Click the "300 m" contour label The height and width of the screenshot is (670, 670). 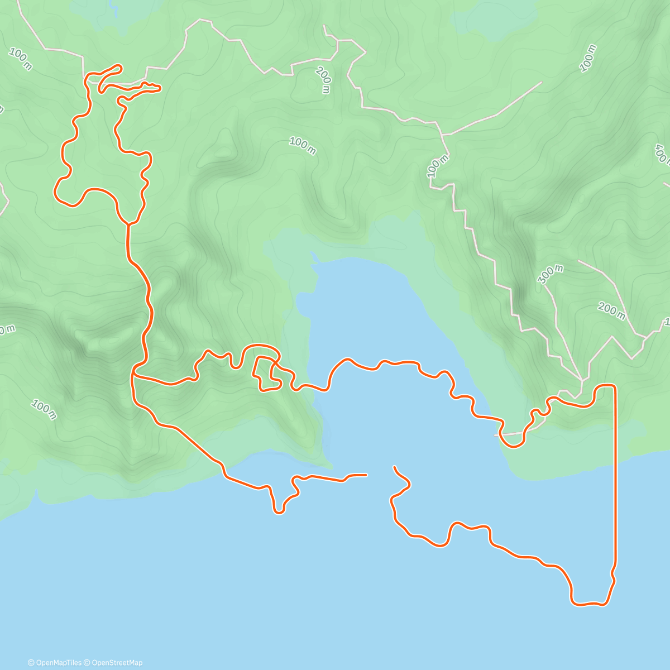point(551,274)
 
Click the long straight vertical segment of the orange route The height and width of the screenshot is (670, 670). point(616,475)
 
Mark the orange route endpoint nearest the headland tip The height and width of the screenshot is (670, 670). point(366,475)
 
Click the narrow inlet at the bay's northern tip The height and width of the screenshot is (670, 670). point(313,256)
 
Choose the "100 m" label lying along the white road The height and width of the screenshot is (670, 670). point(438,166)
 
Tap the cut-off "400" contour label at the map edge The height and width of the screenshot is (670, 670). point(662,154)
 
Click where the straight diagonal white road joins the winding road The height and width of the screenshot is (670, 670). point(442,135)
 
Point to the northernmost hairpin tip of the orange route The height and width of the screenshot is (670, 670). point(119,66)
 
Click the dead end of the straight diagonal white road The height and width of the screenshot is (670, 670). point(540,83)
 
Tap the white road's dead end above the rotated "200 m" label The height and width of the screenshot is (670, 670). point(324,26)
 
